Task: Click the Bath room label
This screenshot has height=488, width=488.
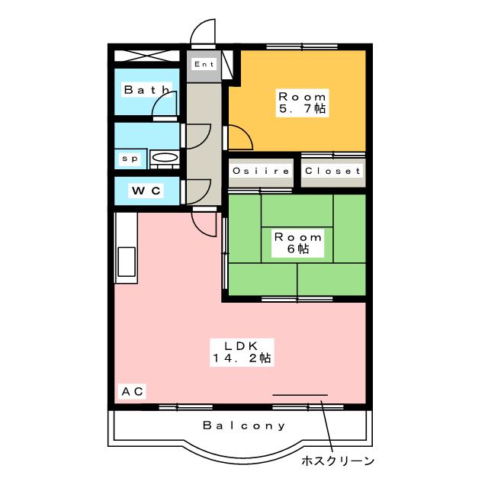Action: tap(147, 90)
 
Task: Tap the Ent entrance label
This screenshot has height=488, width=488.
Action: tap(204, 64)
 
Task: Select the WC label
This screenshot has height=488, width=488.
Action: tap(146, 191)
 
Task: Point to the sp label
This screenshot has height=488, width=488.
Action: tap(130, 159)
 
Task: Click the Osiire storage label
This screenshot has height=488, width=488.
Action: tap(261, 171)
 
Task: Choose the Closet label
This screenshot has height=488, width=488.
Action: tap(332, 171)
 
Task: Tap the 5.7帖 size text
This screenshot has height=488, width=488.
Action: tap(302, 108)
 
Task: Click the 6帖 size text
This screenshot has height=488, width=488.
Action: tap(298, 249)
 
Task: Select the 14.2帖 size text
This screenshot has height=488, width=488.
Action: tap(242, 358)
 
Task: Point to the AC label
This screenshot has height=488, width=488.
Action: tap(132, 391)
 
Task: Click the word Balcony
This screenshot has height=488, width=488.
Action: tap(244, 425)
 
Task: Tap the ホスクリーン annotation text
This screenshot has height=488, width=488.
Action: tap(337, 461)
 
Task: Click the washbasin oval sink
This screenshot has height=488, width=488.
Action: tap(165, 157)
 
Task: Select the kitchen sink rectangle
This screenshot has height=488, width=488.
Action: tap(127, 262)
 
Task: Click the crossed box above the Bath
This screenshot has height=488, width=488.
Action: tap(147, 56)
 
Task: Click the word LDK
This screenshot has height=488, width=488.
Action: tap(242, 345)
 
